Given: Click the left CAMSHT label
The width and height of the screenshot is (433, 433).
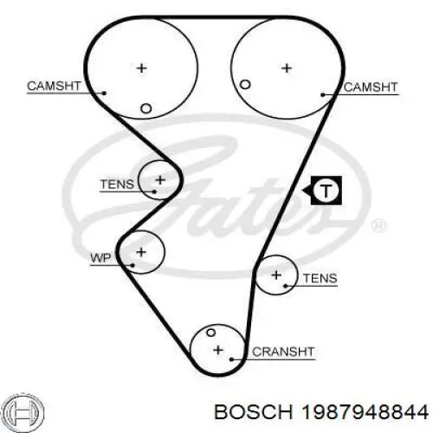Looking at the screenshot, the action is [54, 86].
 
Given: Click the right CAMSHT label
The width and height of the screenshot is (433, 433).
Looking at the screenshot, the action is [371, 87].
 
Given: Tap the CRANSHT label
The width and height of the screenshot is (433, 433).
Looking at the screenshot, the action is [283, 352].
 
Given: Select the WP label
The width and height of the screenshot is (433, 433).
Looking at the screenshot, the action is [100, 258].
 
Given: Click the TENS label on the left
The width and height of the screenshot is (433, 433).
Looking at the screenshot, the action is [117, 184].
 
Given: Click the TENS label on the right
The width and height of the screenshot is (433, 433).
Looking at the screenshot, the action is [320, 278].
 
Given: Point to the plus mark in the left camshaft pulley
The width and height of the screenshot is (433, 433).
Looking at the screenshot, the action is [141, 68].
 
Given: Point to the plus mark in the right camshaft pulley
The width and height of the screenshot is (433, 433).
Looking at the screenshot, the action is [287, 68].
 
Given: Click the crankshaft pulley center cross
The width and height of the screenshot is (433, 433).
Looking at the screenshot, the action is [218, 350].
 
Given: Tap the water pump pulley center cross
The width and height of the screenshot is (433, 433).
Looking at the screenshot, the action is [141, 252].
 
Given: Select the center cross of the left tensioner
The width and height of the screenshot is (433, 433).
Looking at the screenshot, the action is [160, 180].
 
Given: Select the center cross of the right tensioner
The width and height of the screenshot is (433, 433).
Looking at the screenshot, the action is [276, 275].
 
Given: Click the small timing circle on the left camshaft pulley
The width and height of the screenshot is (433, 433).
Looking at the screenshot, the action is [145, 109].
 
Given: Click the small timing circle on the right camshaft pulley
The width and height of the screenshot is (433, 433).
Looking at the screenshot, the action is [245, 85].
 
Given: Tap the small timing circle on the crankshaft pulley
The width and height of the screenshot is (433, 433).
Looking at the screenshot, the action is [211, 333].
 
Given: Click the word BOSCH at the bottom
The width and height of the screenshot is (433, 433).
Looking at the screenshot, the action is [254, 412].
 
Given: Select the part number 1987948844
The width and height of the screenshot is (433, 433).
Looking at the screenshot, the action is [365, 412].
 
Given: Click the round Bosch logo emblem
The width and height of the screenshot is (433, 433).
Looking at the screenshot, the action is [24, 411].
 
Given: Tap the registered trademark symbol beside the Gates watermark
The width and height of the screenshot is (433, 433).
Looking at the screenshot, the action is [378, 226].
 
